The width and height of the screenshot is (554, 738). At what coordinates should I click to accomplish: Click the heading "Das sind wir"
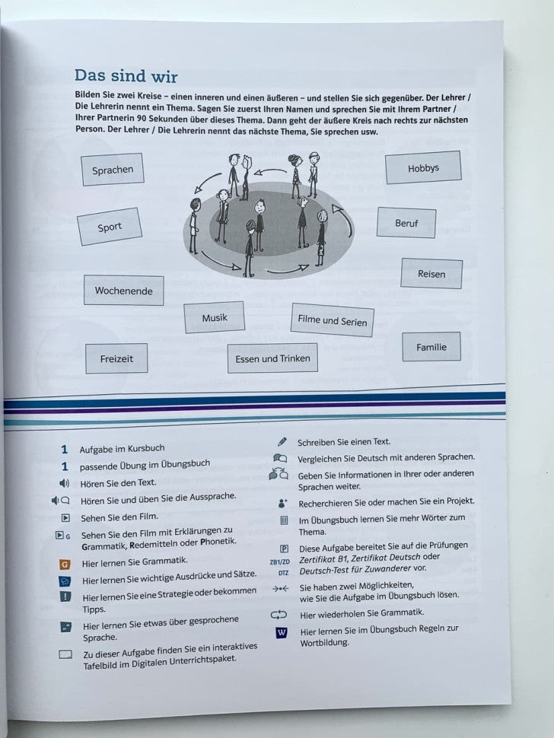point(126,76)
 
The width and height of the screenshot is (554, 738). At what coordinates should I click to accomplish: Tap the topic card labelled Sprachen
point(113,170)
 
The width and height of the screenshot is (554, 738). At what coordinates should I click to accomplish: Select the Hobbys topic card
point(423,168)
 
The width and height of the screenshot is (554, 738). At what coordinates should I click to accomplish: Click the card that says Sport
point(110,227)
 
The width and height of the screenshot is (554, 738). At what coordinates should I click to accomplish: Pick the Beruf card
point(406,224)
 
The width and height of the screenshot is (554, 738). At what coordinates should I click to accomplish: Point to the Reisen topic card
point(431,274)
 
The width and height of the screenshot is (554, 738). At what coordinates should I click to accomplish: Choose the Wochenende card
point(123,291)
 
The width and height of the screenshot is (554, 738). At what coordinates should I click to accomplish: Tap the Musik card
point(214,317)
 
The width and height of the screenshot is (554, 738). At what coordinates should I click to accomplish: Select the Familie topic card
point(431,347)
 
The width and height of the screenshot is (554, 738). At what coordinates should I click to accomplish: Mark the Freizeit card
point(116,358)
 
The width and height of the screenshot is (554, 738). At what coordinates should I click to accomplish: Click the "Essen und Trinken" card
point(272,358)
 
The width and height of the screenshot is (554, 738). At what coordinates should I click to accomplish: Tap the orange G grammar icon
point(65,564)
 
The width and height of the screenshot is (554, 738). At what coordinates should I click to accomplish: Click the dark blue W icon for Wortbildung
point(282,632)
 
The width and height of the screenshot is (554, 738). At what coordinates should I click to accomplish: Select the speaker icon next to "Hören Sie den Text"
point(64,483)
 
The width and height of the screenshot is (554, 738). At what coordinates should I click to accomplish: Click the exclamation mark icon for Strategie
point(65,596)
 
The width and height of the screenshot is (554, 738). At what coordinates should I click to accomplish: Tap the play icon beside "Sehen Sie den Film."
point(65,517)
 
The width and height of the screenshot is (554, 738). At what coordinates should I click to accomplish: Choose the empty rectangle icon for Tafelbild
point(65,654)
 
